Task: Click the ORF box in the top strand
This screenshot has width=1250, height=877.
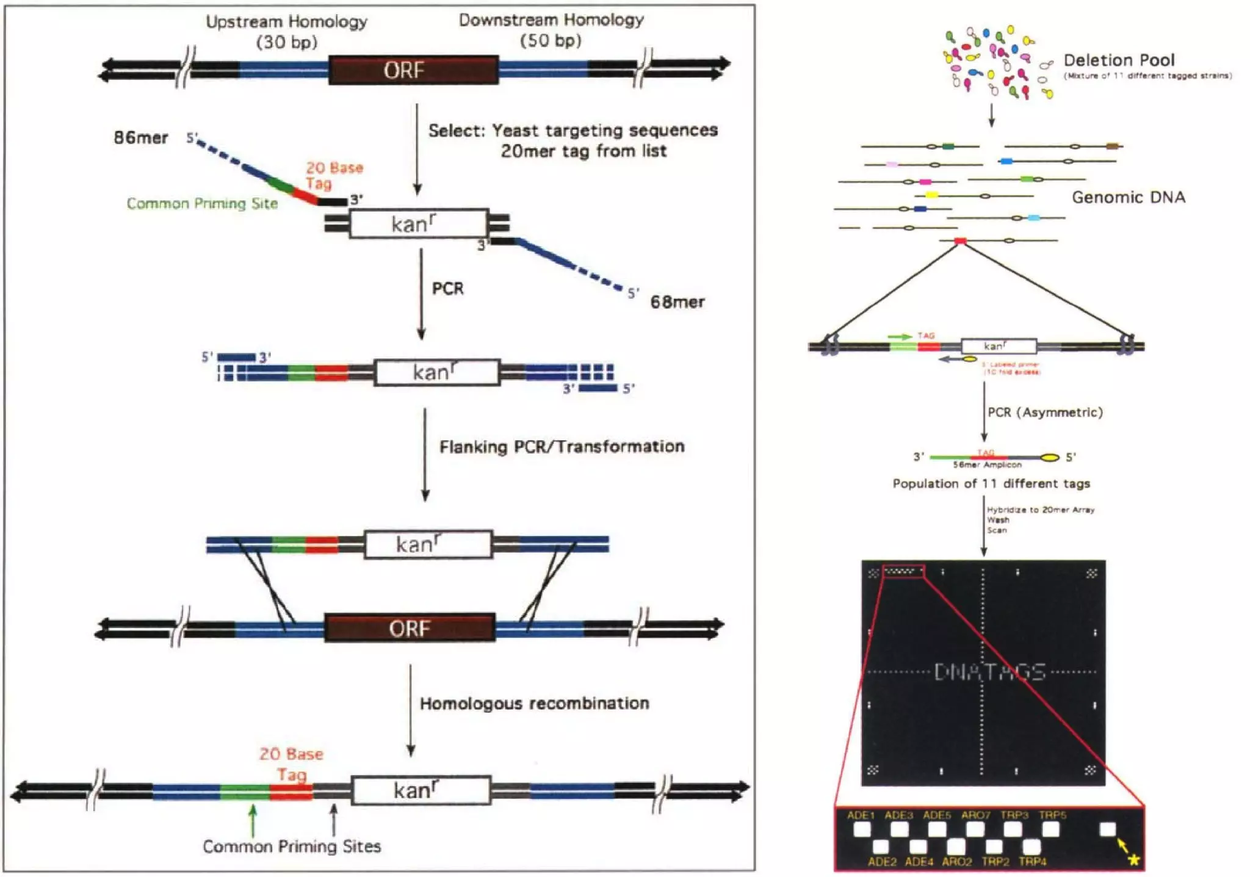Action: tap(413, 70)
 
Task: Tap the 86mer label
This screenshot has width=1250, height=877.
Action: tap(140, 138)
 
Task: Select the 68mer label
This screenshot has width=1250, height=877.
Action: tap(677, 302)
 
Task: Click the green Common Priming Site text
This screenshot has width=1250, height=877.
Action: tap(202, 204)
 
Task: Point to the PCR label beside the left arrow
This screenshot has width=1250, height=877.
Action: tap(447, 289)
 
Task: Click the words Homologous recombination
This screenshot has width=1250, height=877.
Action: tap(534, 704)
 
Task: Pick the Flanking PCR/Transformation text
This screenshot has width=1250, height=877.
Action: tap(562, 447)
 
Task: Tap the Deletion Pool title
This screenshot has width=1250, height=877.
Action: tap(1119, 60)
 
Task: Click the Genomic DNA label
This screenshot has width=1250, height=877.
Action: tap(1129, 197)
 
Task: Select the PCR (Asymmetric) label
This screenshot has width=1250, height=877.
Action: tap(1045, 413)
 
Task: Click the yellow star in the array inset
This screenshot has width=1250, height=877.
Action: tap(1133, 860)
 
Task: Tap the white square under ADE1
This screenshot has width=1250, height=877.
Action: tap(862, 829)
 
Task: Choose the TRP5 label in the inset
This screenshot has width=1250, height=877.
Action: tap(1052, 815)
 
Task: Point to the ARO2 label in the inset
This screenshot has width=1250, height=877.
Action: tap(956, 862)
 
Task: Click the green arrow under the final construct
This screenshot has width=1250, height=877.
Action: tap(253, 820)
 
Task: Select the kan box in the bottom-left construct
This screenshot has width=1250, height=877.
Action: tap(421, 791)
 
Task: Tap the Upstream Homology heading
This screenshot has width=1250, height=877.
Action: tap(286, 23)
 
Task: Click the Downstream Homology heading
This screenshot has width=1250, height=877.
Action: tap(551, 21)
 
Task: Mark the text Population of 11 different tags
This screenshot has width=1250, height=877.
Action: tap(991, 484)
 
